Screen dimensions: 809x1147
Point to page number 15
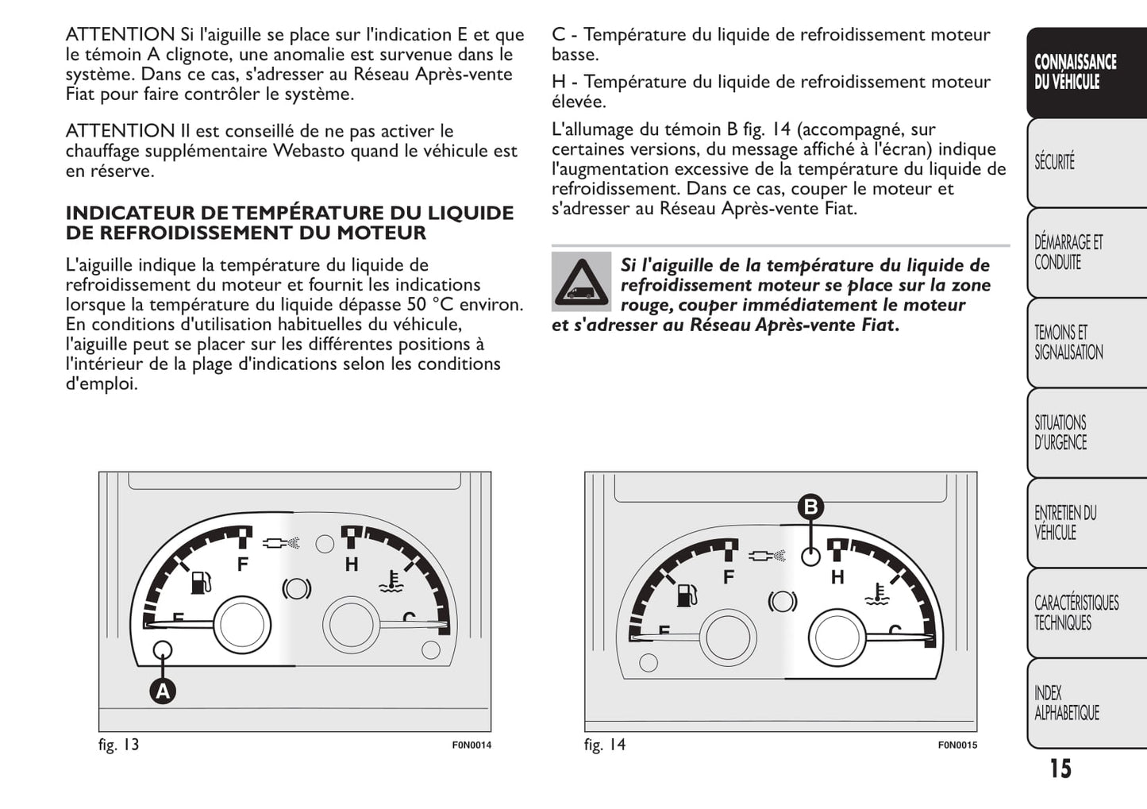pos(1060,769)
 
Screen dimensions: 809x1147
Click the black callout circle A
pos(163,692)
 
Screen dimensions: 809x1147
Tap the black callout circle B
pos(810,507)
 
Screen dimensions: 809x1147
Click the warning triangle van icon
pos(582,281)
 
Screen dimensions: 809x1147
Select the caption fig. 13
pos(118,745)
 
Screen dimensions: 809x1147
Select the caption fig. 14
pos(605,745)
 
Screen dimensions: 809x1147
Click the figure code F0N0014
pos(472,745)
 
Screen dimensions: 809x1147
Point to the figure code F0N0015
pos(957,745)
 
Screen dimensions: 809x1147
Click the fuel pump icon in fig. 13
pos(201,583)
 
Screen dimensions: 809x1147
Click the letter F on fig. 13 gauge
pos(243,564)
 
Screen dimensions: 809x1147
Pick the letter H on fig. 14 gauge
pos(837,577)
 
